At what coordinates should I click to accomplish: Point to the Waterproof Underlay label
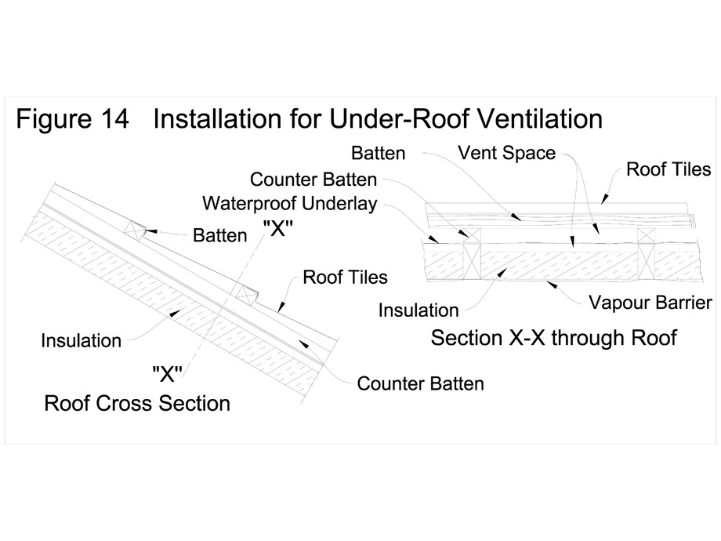pyautogui.click(x=289, y=204)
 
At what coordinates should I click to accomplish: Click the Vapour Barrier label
pyautogui.click(x=650, y=302)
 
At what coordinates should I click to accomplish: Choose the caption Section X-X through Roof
pyautogui.click(x=553, y=339)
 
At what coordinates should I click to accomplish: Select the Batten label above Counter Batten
pyautogui.click(x=379, y=152)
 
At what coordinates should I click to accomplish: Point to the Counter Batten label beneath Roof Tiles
pyautogui.click(x=420, y=383)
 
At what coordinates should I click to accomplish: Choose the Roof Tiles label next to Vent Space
pyautogui.click(x=668, y=169)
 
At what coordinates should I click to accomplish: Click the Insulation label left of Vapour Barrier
pyautogui.click(x=418, y=310)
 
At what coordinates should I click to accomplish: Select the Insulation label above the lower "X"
pyautogui.click(x=82, y=340)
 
